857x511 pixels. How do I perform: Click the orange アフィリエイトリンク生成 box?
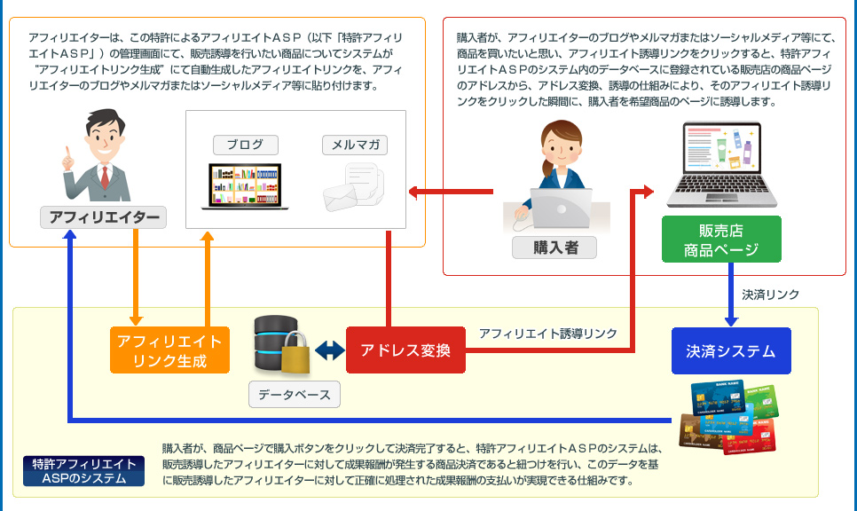coord(169,350)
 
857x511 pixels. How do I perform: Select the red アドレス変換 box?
coord(405,350)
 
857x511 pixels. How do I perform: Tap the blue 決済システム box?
coord(730,350)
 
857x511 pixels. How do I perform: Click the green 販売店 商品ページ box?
coord(721,240)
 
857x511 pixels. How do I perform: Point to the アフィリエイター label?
coord(104,216)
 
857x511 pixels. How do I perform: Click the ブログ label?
coord(244,145)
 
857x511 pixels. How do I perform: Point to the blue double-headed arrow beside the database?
coord(328,351)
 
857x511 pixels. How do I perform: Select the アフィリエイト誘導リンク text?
coord(547,334)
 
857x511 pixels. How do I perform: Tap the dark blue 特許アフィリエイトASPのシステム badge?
coord(84,471)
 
